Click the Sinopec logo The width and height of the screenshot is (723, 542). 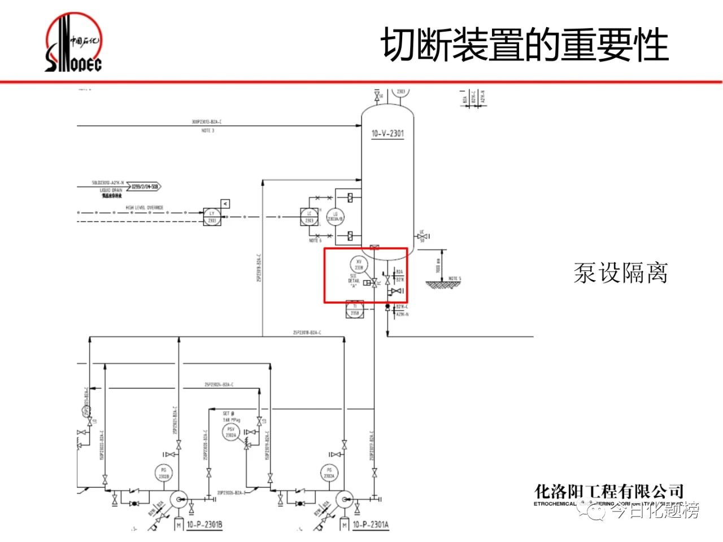(x=73, y=44)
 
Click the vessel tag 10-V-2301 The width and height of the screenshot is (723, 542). (x=387, y=134)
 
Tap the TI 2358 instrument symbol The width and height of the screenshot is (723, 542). (x=355, y=311)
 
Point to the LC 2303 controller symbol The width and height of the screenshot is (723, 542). (x=310, y=217)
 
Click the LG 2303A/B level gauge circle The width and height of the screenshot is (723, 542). (x=336, y=217)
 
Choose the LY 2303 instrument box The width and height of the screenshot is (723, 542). (x=212, y=217)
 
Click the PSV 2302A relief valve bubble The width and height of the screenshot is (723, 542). (x=230, y=432)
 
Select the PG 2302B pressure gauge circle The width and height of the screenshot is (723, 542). (x=164, y=473)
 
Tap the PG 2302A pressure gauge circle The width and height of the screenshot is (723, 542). (x=328, y=473)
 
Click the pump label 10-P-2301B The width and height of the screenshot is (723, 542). (x=204, y=525)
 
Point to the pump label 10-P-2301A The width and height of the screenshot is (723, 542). (x=371, y=525)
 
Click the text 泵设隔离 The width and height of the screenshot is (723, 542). (x=620, y=273)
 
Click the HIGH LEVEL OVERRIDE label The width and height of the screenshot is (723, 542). (x=145, y=208)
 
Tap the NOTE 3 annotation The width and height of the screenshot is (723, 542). (x=208, y=130)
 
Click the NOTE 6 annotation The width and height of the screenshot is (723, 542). (x=315, y=241)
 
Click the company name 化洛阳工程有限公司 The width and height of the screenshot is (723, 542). (x=609, y=491)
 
